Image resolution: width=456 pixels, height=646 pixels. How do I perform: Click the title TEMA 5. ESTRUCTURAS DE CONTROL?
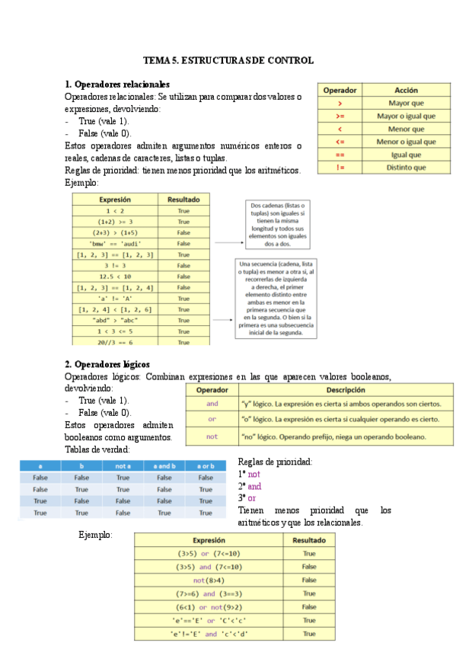228,61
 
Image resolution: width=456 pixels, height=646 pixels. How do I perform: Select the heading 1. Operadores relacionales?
117,84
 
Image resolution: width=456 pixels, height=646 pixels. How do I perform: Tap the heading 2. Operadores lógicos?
107,364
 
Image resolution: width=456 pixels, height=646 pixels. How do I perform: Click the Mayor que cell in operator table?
406,103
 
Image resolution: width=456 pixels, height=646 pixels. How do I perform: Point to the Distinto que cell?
406,168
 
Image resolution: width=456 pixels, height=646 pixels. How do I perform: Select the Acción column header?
406,90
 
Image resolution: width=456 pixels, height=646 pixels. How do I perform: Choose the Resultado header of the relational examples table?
183,199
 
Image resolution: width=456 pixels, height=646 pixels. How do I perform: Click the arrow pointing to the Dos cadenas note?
228,243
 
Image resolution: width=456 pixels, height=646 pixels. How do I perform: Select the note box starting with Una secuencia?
279,298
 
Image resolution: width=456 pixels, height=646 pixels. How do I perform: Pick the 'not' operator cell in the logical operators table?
212,437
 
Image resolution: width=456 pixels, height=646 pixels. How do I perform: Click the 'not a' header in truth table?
123,465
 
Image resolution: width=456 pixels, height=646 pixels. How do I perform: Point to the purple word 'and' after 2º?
254,486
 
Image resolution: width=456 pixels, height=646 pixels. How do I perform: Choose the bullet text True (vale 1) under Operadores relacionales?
104,121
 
